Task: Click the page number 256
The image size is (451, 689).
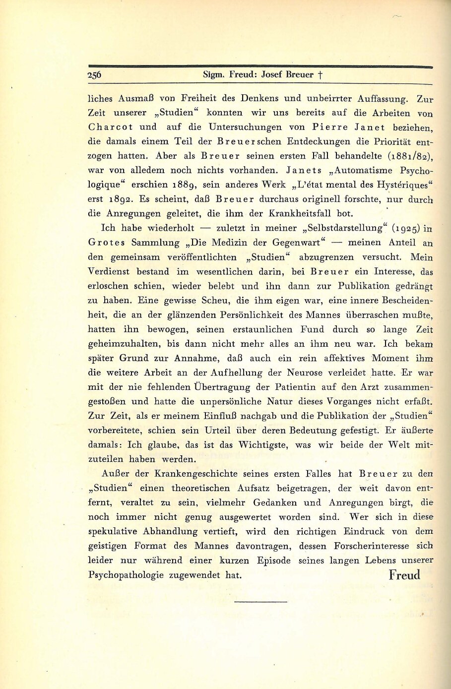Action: tap(94, 75)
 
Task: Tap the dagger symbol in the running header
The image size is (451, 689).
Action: tap(321, 75)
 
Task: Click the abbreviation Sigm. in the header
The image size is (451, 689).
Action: tap(214, 75)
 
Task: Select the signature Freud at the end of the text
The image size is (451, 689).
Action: tap(404, 575)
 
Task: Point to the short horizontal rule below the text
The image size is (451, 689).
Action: tap(260, 602)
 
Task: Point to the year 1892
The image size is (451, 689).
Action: tap(120, 199)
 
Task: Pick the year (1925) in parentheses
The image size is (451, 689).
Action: tap(406, 228)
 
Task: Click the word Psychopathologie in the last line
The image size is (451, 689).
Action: tap(126, 575)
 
